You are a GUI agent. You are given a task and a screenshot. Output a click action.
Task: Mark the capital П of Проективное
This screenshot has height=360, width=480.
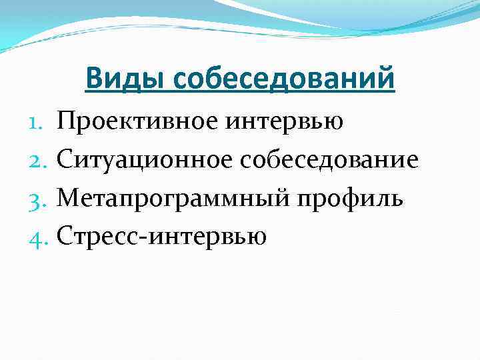(67, 122)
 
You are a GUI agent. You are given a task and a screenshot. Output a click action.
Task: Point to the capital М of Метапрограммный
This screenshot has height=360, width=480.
(68, 198)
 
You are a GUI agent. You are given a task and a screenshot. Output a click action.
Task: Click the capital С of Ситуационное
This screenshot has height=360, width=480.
(65, 160)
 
